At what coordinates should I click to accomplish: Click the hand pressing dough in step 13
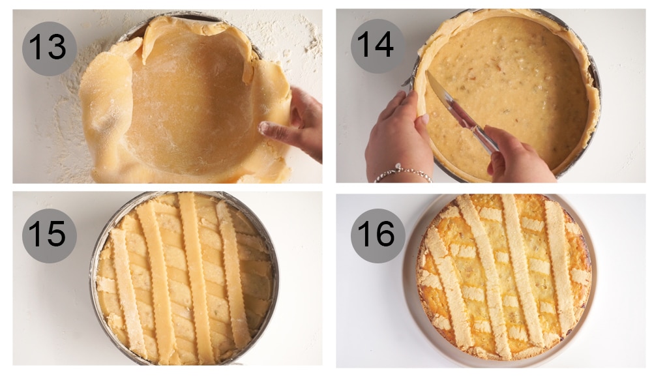pyautogui.click(x=297, y=124)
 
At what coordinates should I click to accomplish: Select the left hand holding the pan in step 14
pyautogui.click(x=398, y=130)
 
